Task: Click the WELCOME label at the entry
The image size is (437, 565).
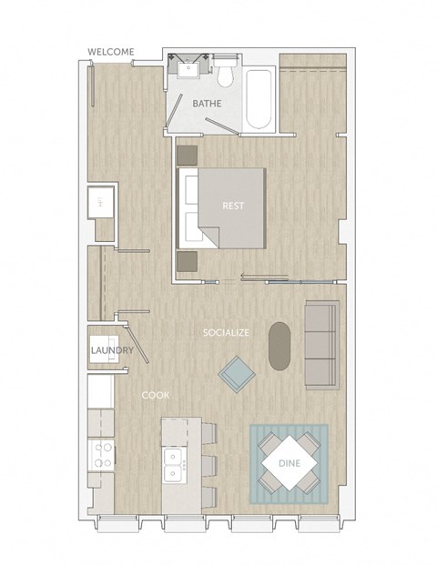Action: tap(110, 52)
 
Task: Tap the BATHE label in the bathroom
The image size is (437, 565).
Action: tap(207, 104)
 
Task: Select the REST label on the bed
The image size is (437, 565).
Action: tap(233, 206)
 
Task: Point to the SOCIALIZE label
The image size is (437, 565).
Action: tap(226, 333)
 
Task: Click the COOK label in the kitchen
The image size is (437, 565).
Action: tap(154, 395)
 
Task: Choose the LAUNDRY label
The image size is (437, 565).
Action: tap(112, 350)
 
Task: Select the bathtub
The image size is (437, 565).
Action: tap(259, 99)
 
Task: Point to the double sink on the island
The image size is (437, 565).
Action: tap(173, 464)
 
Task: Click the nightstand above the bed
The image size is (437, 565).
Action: tap(188, 154)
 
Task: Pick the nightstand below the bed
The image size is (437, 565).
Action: tap(188, 260)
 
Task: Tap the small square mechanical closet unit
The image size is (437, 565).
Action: tap(99, 201)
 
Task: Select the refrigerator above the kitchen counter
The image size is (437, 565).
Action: tap(100, 391)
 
